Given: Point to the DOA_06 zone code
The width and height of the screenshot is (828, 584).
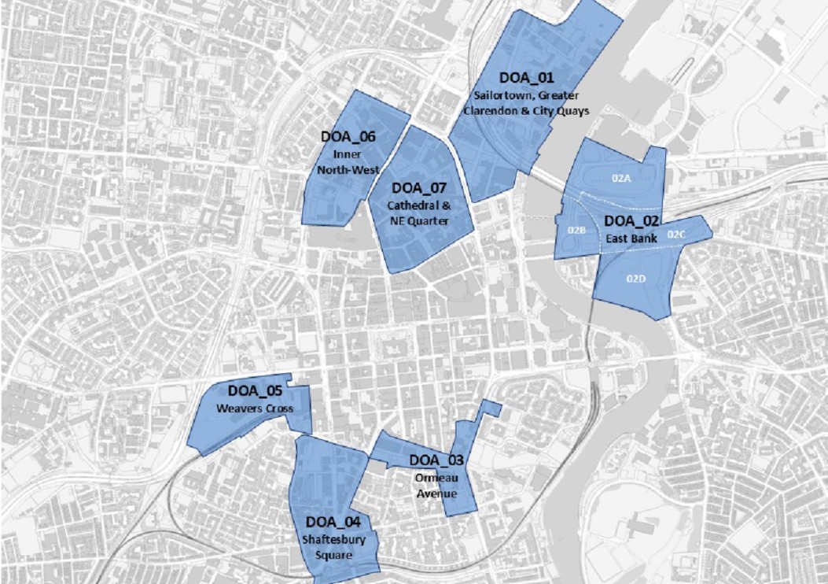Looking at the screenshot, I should [x=348, y=136].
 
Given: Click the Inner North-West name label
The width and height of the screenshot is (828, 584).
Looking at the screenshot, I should [x=348, y=161].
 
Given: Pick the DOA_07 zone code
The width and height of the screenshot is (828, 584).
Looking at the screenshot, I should [x=418, y=188].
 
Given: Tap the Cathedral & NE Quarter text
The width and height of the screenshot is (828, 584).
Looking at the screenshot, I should [x=418, y=213].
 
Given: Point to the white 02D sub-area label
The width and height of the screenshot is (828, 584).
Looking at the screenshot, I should [x=636, y=278].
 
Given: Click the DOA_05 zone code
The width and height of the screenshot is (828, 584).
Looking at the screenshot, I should [x=255, y=390].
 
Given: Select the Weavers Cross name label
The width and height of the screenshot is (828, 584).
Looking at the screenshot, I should [x=255, y=408].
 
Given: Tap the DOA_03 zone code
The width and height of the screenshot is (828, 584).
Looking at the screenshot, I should [x=436, y=460].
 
